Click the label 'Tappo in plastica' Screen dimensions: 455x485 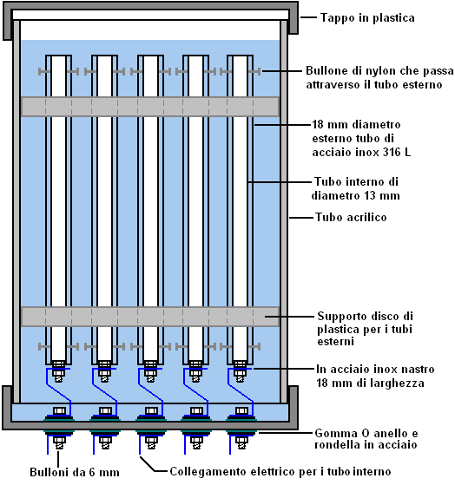(367, 18)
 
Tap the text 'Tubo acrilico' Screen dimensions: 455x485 (351, 217)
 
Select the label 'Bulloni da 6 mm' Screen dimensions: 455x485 (75, 472)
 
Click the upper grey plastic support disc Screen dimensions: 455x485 (150, 107)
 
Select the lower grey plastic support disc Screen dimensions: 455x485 (150, 317)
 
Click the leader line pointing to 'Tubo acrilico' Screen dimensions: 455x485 (301, 218)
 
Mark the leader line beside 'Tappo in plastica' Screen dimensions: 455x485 (308, 17)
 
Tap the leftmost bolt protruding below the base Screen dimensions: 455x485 (58, 443)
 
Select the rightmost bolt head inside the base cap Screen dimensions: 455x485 (241, 411)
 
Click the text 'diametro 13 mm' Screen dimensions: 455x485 (356, 196)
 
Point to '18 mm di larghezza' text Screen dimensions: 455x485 (370, 383)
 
